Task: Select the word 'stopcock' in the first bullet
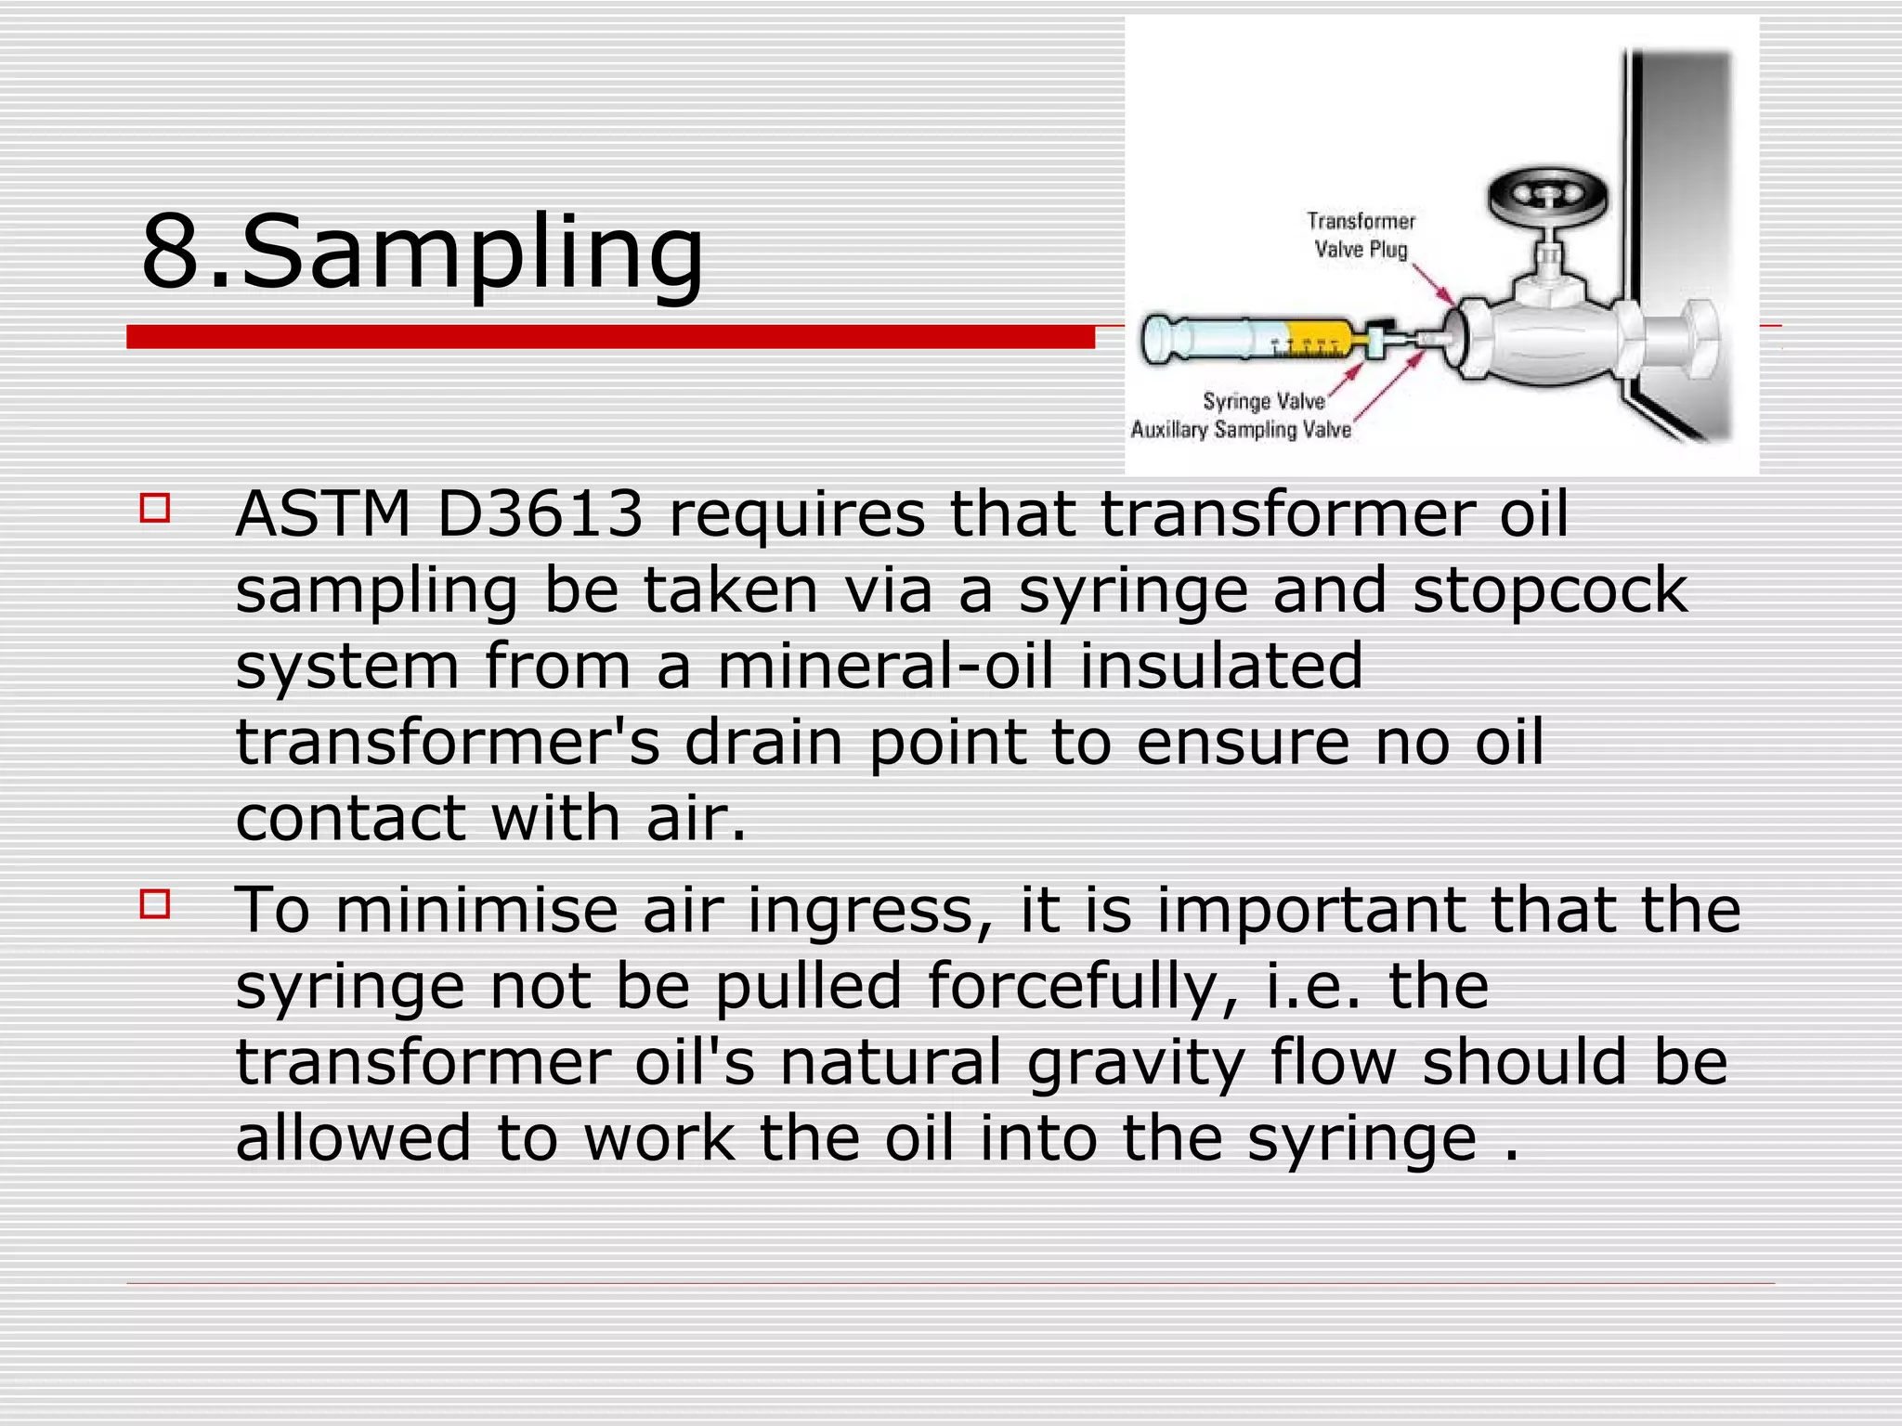coord(1549,590)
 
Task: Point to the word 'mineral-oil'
coord(885,666)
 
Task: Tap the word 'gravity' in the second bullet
coord(1135,1063)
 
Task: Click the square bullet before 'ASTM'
coord(155,508)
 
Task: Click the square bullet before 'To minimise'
coord(155,903)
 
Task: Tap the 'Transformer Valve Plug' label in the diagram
coord(1361,235)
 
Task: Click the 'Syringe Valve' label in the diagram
coord(1263,401)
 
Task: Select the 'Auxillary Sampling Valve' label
coord(1240,430)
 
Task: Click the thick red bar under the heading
coord(610,336)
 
